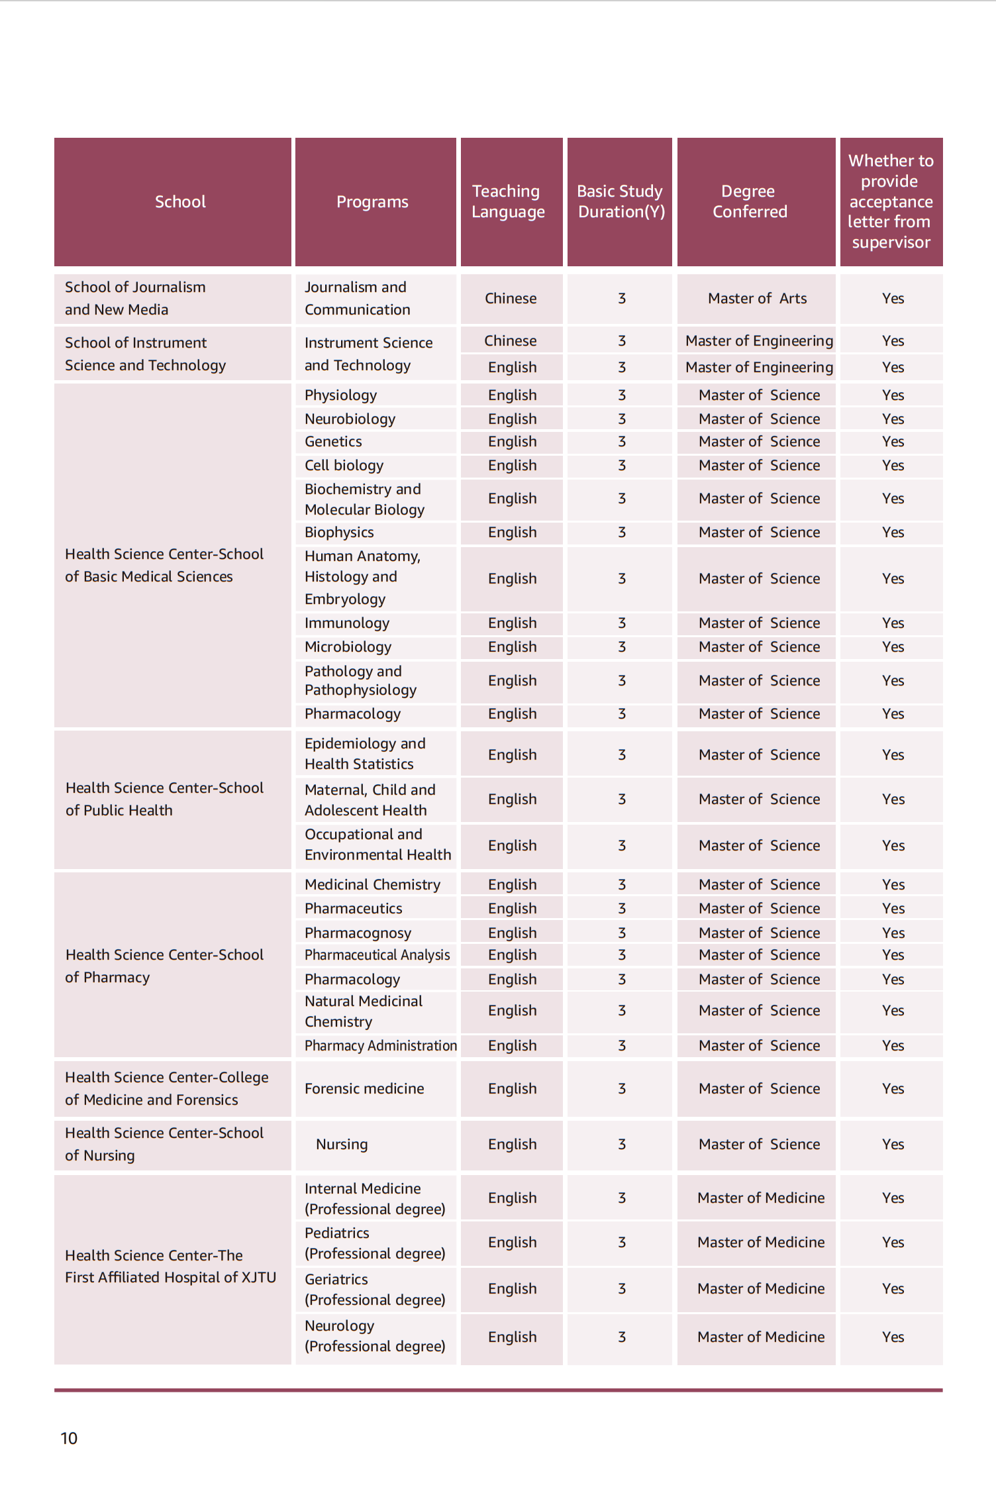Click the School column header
[x=180, y=201]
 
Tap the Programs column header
[x=372, y=201]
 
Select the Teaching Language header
[x=508, y=201]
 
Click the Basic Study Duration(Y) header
[x=621, y=201]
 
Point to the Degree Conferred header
[x=750, y=201]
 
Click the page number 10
[x=69, y=1438]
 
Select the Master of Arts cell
[x=757, y=298]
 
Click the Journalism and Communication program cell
[x=358, y=298]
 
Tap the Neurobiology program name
[x=350, y=419]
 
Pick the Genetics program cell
[x=333, y=441]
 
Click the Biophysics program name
[x=339, y=532]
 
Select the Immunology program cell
[x=347, y=623]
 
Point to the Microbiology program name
[x=348, y=646]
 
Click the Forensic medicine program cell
[x=364, y=1088]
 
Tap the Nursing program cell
[x=342, y=1144]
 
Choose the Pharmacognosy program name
[x=358, y=933]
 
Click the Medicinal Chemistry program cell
[x=372, y=884]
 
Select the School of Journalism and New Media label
[x=135, y=298]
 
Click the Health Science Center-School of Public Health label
[x=164, y=799]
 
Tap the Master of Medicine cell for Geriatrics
[x=761, y=1288]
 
